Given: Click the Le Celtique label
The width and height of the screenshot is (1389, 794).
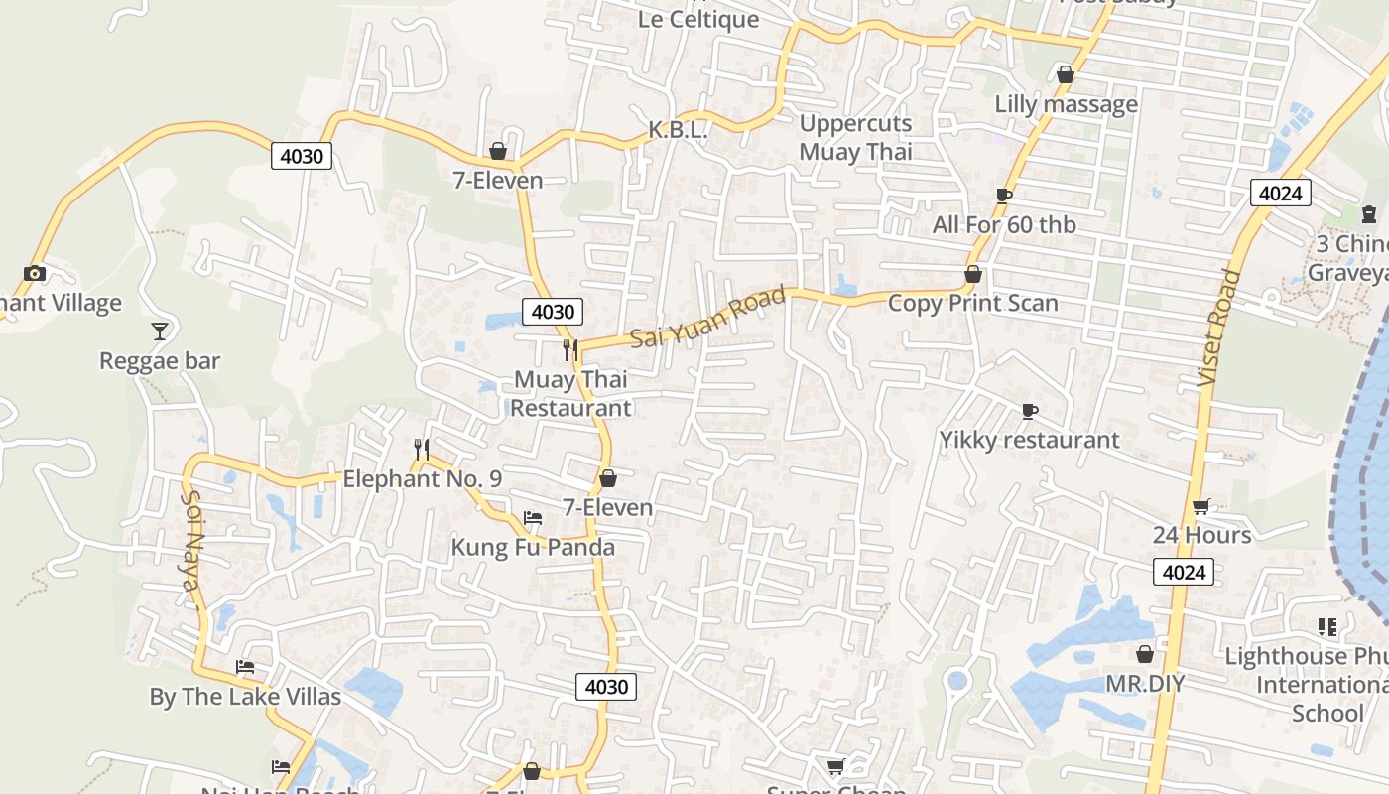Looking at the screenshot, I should point(697,20).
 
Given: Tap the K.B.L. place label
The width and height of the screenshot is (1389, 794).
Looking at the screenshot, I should point(679,130).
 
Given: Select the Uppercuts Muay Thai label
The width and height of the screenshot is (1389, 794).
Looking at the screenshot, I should point(855,138).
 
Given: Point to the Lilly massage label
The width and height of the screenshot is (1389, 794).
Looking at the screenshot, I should point(1066,104).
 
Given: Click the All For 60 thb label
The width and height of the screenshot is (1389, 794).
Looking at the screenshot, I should point(1003,225).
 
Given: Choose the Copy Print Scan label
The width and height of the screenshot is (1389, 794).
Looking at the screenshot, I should point(972,303).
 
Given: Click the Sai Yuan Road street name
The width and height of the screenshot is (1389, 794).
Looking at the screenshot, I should point(707,318).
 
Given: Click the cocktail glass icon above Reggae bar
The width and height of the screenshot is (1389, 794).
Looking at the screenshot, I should point(160,331).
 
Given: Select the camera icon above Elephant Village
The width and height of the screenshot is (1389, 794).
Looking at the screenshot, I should point(35,273).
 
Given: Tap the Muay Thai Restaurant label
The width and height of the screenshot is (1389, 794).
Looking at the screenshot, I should point(570,393).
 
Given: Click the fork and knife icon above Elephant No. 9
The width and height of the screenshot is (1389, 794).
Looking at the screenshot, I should point(422,450).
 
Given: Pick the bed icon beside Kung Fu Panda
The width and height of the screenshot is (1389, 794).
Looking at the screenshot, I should point(533,518).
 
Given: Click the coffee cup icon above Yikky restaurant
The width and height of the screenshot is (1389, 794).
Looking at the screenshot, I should point(1030,411).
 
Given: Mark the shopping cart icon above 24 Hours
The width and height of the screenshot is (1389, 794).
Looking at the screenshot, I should point(1200,506).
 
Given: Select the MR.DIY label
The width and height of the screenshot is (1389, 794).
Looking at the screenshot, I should point(1145,684).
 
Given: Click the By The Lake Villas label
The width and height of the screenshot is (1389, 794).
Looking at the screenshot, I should point(245,697).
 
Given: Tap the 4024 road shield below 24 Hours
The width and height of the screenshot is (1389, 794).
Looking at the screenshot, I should point(1184,572).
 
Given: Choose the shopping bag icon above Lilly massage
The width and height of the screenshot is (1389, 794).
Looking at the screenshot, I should point(1066,74).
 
